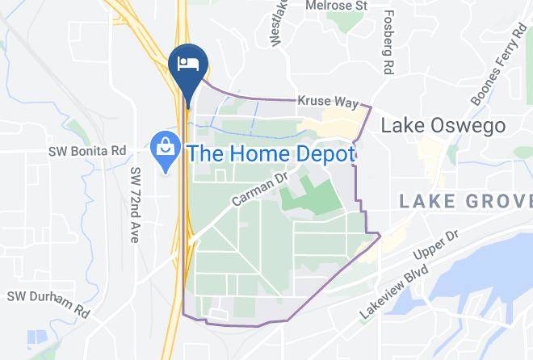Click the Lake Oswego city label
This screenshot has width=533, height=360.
pos(443,126)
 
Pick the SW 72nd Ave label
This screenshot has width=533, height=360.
pos(135,207)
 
